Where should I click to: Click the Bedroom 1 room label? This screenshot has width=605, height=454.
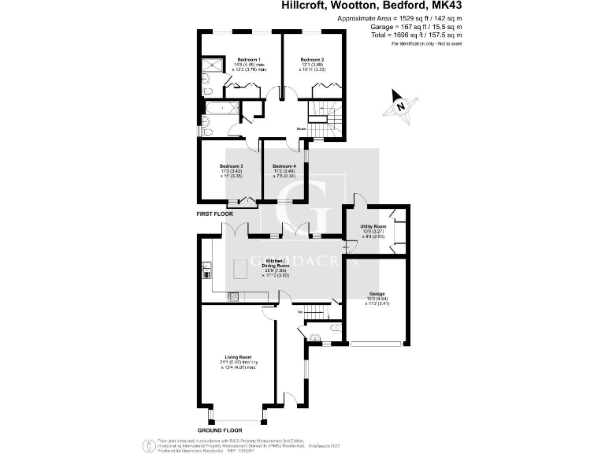[248, 60]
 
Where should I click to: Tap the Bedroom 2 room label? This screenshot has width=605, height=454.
[312, 60]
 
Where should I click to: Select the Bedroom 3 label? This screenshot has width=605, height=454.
[232, 166]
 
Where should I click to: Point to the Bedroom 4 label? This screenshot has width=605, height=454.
[284, 166]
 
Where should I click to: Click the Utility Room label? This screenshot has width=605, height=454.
[373, 226]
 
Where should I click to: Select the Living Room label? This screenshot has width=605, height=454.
[237, 356]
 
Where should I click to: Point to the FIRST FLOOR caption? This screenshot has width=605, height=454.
[215, 214]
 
